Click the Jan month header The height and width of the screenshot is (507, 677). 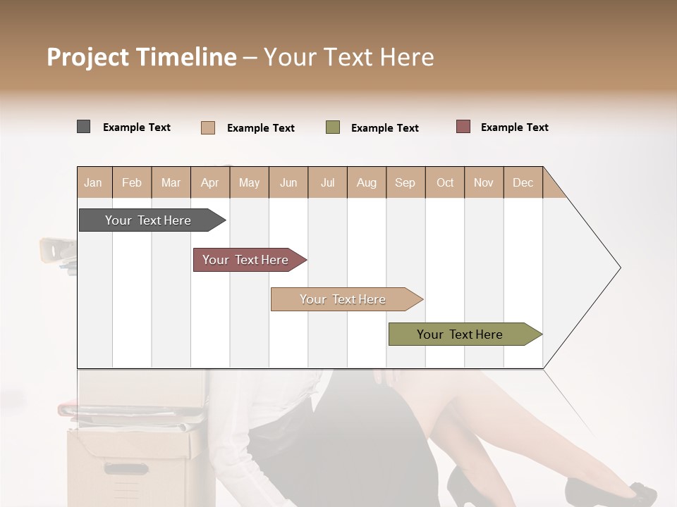coord(93,182)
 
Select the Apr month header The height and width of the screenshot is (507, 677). coord(210,182)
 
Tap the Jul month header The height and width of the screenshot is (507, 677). coord(327,182)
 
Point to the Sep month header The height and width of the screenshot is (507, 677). coord(405,182)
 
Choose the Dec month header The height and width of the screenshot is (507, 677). coord(523,182)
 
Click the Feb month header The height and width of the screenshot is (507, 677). coord(132,182)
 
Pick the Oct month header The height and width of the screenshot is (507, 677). coord(445,182)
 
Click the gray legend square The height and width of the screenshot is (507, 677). coord(83,127)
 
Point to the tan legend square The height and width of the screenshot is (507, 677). coord(208,127)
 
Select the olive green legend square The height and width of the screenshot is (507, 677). coord(333,127)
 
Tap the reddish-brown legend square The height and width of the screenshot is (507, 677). coord(463,127)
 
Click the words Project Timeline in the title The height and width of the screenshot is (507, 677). coord(142,57)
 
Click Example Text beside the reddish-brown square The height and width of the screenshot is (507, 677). coord(514,127)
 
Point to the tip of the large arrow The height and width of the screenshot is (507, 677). coord(619,268)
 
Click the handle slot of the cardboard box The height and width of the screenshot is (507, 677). coord(127,468)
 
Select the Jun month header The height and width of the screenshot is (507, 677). coord(288,182)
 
